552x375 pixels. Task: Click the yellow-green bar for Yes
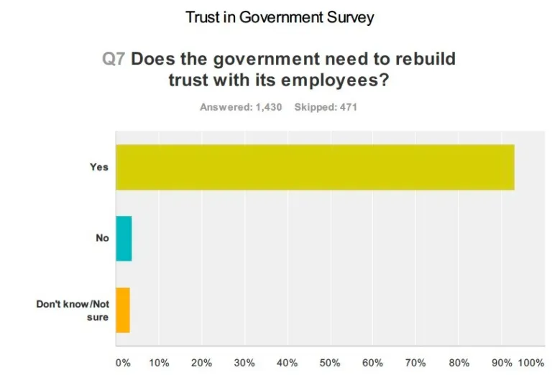pos(315,167)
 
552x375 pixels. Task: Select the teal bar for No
pos(124,239)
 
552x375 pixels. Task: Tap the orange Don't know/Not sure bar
pos(123,310)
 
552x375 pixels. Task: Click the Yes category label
pos(98,167)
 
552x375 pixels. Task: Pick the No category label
pos(102,239)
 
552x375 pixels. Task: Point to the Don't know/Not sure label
pos(73,310)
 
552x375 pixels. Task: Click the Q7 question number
pos(114,58)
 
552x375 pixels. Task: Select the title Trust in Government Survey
pos(280,17)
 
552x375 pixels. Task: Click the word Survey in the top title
pos(348,17)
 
